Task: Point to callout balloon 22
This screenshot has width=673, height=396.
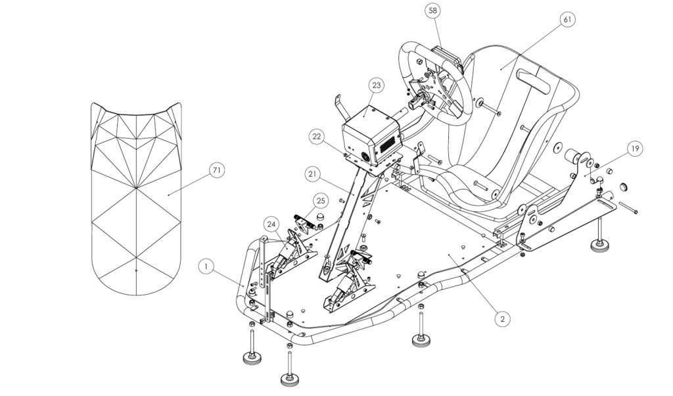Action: pos(317,136)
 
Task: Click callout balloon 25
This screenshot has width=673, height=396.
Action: pos(320,199)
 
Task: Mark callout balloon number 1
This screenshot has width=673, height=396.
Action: pos(206,266)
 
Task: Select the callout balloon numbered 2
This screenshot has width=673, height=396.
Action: pos(502,318)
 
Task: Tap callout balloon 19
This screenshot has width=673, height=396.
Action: pos(634,149)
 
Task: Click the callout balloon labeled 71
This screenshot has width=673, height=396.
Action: pos(217,170)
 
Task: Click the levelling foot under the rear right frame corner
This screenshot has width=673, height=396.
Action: pos(599,245)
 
